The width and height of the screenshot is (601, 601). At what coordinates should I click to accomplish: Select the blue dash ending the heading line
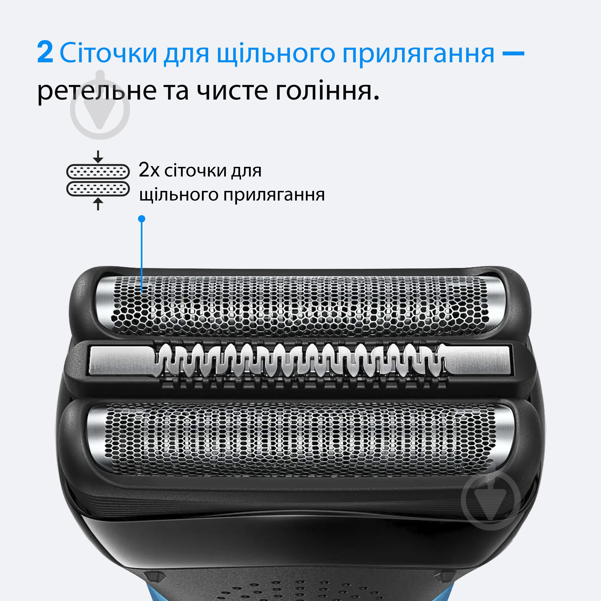(x=513, y=53)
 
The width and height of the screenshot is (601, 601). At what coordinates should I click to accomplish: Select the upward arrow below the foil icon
(x=98, y=204)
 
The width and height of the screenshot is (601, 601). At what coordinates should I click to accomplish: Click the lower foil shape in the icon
(x=98, y=189)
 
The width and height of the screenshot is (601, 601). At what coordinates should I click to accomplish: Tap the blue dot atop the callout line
(x=142, y=219)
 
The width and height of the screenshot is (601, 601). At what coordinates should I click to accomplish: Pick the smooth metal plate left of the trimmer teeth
(x=121, y=361)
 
